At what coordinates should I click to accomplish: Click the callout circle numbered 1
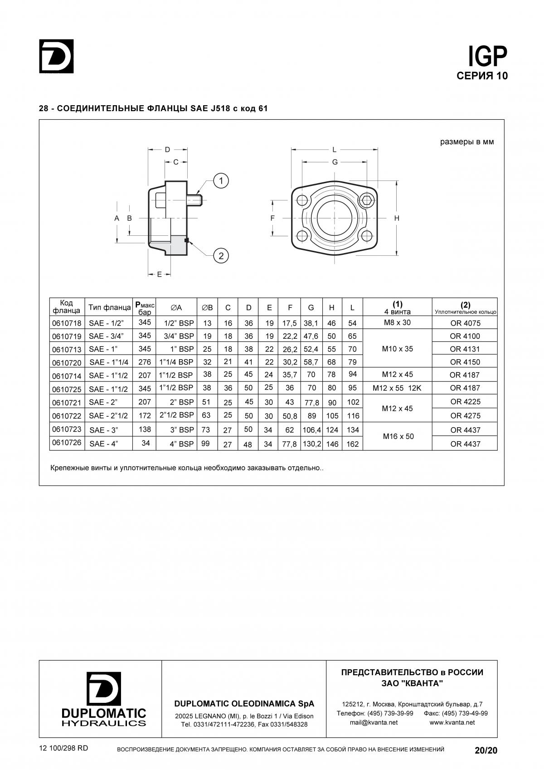click(x=221, y=181)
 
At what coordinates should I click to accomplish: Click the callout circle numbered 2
click(x=221, y=256)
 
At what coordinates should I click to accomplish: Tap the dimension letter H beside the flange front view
click(x=397, y=218)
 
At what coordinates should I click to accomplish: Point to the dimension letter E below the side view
click(x=160, y=274)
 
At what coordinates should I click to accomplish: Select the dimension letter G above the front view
click(x=335, y=162)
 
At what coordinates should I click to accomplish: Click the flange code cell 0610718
click(x=67, y=323)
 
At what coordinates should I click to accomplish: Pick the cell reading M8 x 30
click(x=397, y=322)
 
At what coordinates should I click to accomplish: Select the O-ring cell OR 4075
click(x=465, y=323)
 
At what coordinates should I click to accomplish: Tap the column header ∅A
click(x=176, y=307)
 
